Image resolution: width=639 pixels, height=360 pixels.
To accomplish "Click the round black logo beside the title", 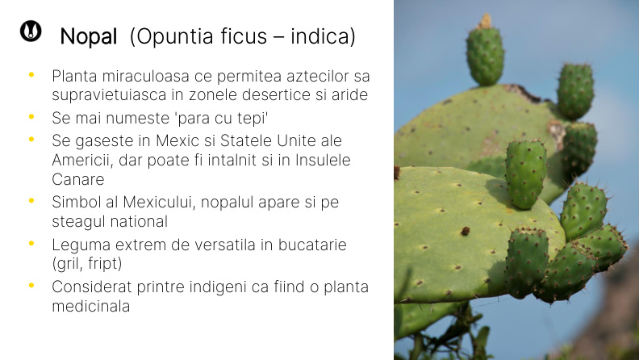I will click(31, 31).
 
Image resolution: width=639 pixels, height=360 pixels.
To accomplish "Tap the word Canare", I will click(78, 178).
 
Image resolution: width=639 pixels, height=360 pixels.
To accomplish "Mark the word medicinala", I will click(90, 307).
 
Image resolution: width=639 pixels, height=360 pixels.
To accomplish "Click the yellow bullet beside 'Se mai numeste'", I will click(31, 118).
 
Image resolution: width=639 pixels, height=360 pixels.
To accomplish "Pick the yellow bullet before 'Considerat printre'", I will click(31, 286).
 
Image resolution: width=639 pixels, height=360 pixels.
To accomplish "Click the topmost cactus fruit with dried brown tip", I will click(486, 52).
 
